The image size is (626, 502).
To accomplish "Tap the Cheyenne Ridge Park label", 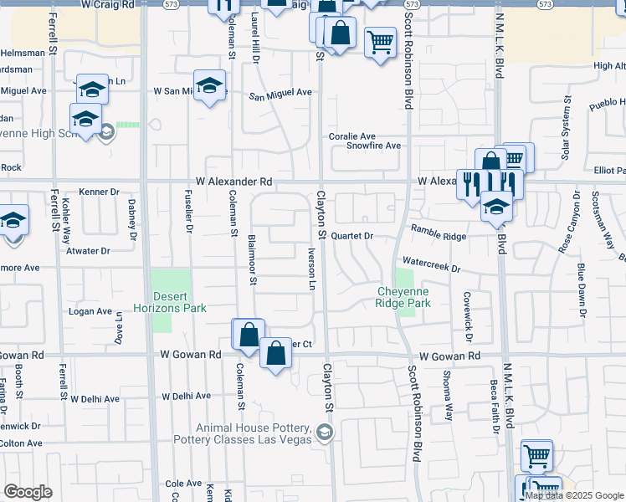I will coord(403,297).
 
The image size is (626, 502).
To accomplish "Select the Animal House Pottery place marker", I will coord(325,433).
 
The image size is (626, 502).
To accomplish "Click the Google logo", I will coord(28,492).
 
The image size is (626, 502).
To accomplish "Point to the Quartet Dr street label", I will coord(351,236).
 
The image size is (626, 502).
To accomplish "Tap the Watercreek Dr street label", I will coord(431,264).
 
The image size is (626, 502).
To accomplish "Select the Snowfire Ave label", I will coord(376,146).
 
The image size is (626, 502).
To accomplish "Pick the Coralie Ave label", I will coord(351,136).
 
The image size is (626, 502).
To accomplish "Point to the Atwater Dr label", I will coord(88,250).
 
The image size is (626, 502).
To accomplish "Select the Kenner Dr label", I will coord(100,192).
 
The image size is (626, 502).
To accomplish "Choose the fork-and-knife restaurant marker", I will coord(470,183).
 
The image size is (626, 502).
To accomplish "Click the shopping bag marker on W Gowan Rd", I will coord(275,353).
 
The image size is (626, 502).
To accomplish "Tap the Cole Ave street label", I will coord(183,484).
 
